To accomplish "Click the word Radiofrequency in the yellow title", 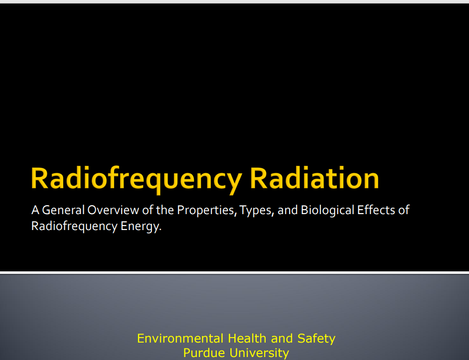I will click(136, 179).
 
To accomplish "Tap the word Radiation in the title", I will click(314, 178).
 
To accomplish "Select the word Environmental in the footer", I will click(180, 339).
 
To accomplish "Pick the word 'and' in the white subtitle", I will click(288, 210).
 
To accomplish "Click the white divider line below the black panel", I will click(234, 272).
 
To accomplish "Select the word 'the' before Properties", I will click(165, 210).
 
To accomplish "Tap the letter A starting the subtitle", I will click(35, 210).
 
